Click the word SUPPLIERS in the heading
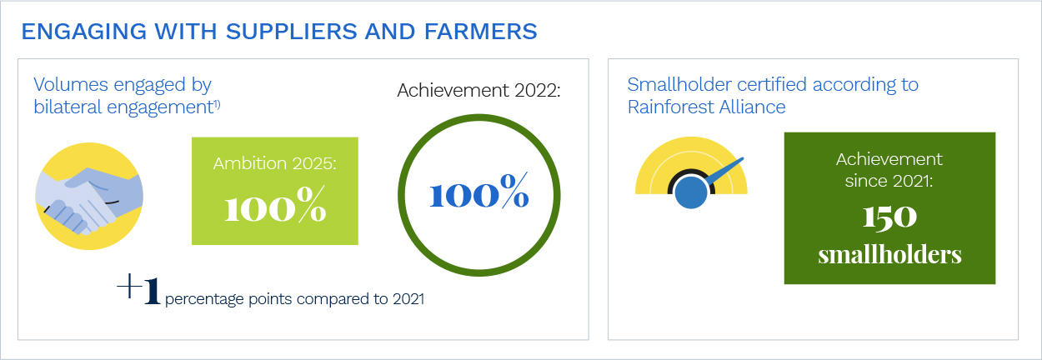(291, 32)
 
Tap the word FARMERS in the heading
(480, 32)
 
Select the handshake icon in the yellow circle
(89, 196)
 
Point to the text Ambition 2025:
(274, 163)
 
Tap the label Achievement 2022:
(478, 90)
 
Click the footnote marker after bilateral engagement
(217, 105)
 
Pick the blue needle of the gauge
(724, 171)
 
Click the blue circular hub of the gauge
(691, 192)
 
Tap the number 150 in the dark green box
(889, 217)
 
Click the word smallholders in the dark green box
(889, 255)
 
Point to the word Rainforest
(669, 107)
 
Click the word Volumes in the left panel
(71, 85)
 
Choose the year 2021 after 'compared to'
(408, 298)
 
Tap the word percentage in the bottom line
(204, 299)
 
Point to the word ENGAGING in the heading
(84, 32)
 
